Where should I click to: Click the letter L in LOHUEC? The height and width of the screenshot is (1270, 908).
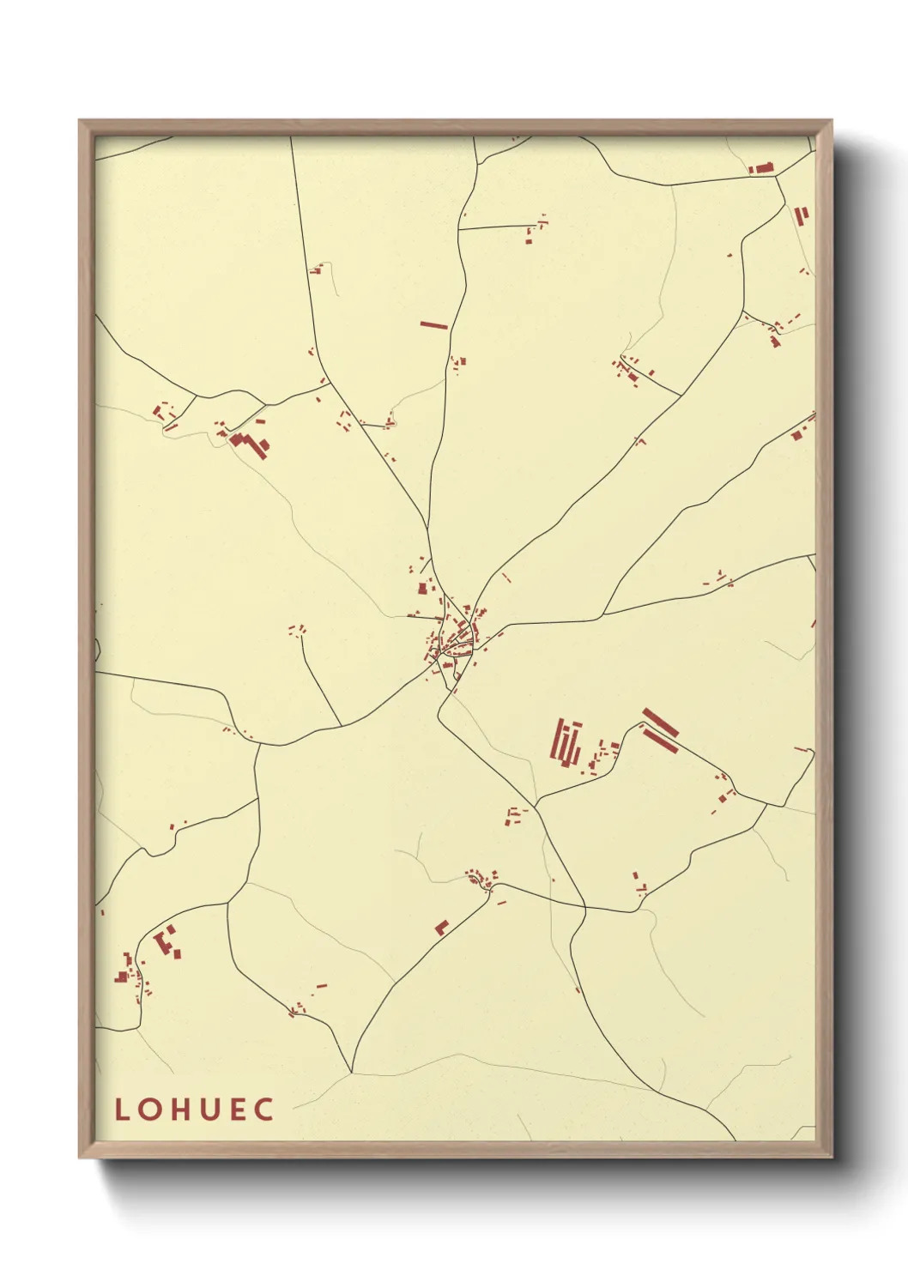122,1110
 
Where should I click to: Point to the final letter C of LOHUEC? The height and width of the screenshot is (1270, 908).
264,1110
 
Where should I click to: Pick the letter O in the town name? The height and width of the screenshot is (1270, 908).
149,1110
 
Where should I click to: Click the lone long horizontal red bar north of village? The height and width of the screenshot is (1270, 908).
434,325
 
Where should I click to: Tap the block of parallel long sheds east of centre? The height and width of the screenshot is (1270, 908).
566,742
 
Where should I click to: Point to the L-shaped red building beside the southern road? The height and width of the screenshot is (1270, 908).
442,927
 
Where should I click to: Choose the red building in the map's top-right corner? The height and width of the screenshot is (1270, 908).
760,168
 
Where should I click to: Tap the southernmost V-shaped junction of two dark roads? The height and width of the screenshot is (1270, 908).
351,1071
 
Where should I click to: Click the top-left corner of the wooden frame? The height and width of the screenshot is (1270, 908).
80,121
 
